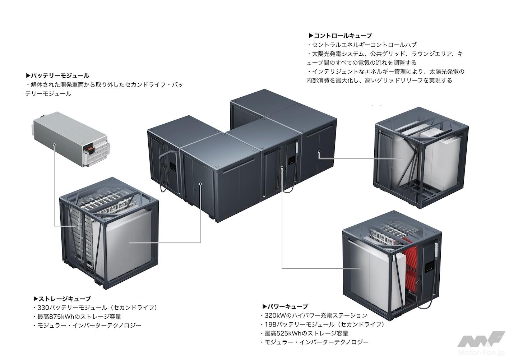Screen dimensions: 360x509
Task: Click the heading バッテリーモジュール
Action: pyautogui.click(x=60, y=76)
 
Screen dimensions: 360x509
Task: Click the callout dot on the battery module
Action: pyautogui.click(x=54, y=144)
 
